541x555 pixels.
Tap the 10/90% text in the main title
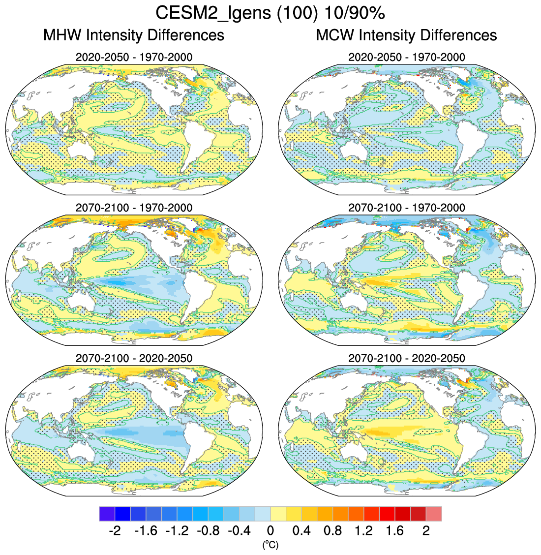(354, 13)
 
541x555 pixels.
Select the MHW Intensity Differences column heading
(134, 35)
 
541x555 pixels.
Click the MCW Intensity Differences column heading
(406, 35)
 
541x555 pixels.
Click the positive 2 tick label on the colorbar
(426, 530)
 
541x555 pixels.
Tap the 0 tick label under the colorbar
(270, 530)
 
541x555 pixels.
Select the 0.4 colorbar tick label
(301, 530)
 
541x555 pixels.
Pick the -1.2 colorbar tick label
(177, 530)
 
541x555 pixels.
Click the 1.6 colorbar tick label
(395, 530)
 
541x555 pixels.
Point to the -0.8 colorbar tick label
(208, 530)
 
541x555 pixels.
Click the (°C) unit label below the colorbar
(270, 544)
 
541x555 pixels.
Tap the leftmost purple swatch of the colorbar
(107, 514)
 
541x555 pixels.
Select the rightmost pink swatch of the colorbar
(434, 514)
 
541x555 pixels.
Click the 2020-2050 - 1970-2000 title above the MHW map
(134, 57)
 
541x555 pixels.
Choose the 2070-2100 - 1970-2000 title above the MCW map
(406, 208)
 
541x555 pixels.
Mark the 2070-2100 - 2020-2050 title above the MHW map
(134, 358)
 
